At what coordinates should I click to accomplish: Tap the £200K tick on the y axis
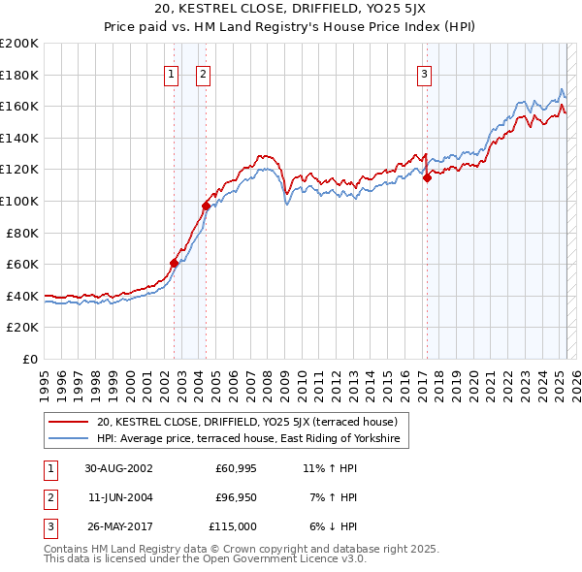click(x=19, y=44)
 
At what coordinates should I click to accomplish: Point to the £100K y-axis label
click(x=19, y=201)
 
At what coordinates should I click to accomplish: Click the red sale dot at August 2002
click(x=175, y=263)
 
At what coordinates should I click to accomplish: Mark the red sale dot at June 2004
click(x=206, y=206)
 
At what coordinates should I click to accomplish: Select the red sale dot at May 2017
click(x=427, y=177)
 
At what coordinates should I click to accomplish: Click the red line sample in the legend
click(x=68, y=422)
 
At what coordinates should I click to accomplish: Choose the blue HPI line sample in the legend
click(x=68, y=439)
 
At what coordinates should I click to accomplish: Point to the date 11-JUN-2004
click(x=118, y=497)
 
